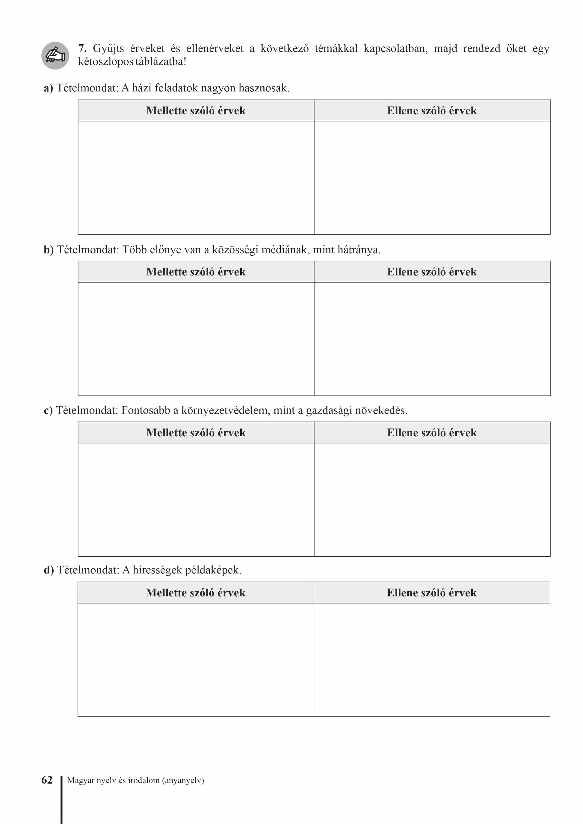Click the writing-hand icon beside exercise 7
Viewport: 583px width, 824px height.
55,56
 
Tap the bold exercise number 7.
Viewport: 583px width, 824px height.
82,49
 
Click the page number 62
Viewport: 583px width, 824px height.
47,780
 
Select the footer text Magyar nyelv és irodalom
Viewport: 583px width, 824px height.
135,780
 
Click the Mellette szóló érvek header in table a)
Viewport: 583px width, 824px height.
196,110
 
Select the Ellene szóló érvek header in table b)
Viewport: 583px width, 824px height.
432,272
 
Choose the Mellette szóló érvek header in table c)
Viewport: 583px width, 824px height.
196,432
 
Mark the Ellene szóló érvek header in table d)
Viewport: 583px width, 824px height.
431,593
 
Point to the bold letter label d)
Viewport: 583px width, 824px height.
49,570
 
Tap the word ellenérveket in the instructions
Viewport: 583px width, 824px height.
215,49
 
